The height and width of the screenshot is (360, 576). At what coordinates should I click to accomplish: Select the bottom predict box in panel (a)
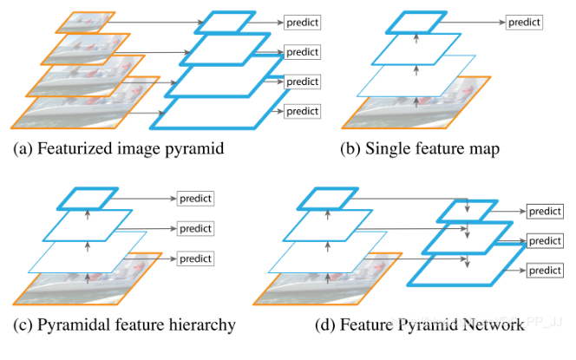[x=302, y=111]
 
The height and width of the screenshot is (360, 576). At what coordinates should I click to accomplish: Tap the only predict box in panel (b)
[x=524, y=21]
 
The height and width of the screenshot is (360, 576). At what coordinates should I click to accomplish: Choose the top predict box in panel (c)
[x=196, y=199]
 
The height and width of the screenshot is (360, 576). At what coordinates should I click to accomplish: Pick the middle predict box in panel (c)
[x=196, y=229]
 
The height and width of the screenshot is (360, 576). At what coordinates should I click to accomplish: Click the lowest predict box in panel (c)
[x=196, y=259]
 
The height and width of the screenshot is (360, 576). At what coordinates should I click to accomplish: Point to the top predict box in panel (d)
[x=545, y=211]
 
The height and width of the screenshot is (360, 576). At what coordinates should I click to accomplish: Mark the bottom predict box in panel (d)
[x=545, y=271]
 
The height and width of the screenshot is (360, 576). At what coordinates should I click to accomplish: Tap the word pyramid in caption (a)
[x=196, y=148]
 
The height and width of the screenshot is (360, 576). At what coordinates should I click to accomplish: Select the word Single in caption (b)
[x=389, y=148]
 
